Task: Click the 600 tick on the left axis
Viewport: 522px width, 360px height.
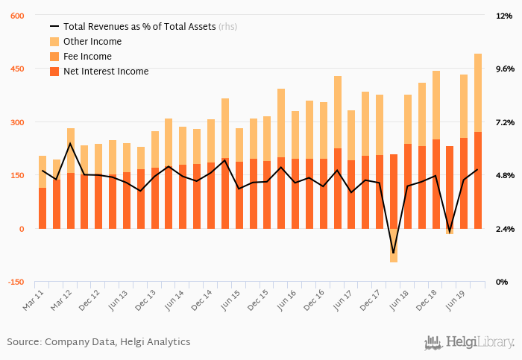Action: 16,16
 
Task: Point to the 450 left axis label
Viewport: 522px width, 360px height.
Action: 16,69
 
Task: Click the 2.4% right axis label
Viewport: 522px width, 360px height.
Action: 505,229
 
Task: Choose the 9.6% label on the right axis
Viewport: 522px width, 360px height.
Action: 505,69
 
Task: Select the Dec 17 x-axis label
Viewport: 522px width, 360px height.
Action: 371,297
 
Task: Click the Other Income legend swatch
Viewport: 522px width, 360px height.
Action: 54,42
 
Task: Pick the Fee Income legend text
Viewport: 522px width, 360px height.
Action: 87,57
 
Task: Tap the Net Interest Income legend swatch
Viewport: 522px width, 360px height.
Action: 54,72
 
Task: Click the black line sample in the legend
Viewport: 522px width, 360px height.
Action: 54,27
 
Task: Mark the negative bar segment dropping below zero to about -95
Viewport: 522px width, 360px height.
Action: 393,245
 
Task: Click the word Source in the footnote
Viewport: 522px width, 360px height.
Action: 24,342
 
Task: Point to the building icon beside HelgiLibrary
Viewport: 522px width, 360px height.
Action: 433,342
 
